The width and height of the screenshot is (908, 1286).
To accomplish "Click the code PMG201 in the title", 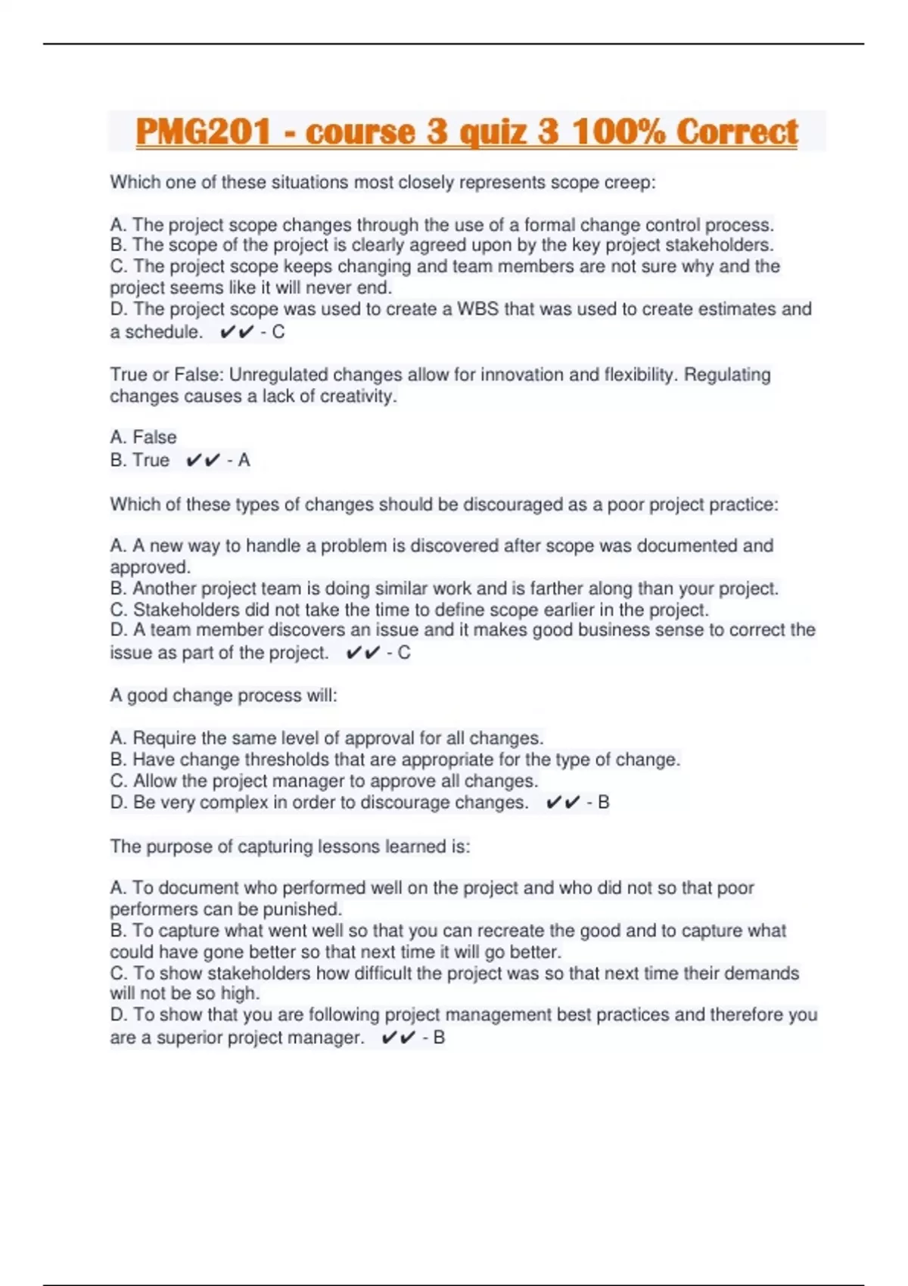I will tap(203, 132).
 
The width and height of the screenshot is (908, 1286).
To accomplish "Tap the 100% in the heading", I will tap(617, 132).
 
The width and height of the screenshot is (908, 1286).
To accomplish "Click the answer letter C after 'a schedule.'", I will tap(278, 332).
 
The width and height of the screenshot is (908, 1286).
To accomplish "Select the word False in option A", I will tap(154, 437).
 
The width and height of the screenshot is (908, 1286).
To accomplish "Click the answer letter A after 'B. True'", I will tap(244, 460).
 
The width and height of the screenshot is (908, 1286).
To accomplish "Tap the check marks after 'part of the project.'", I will tap(362, 653).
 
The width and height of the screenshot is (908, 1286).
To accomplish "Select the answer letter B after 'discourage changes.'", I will tap(603, 803).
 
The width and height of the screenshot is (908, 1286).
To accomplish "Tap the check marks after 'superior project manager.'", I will tap(399, 1038).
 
